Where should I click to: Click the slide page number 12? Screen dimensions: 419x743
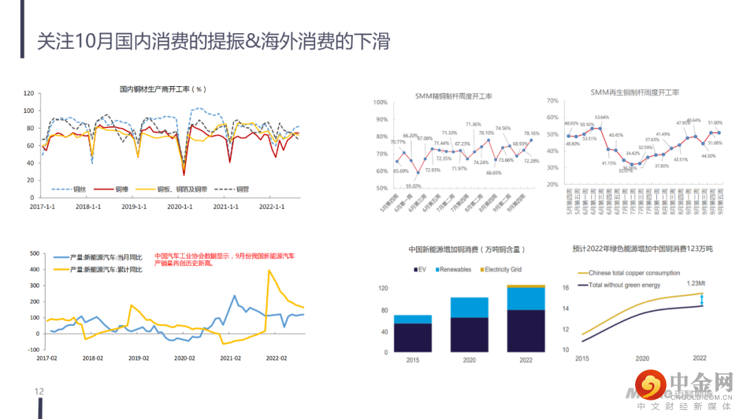[39, 391]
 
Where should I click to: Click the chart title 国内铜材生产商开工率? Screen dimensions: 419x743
[162, 89]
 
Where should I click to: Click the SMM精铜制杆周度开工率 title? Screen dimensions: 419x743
[458, 96]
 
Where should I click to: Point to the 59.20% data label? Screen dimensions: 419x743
[413, 186]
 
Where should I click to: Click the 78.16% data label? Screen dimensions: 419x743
[531, 133]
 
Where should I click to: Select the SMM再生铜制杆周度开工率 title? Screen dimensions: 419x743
[634, 92]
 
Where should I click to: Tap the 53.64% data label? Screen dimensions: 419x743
[602, 117]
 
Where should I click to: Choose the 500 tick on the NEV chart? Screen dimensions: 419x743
[32, 254]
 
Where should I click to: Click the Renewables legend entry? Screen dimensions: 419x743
[454, 269]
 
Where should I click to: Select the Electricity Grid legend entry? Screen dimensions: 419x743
[505, 269]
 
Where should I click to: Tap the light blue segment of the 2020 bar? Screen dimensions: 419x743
[469, 307]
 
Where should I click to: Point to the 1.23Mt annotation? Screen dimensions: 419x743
[697, 283]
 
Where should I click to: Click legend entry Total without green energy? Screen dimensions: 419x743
[624, 285]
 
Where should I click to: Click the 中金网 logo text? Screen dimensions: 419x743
[701, 382]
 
